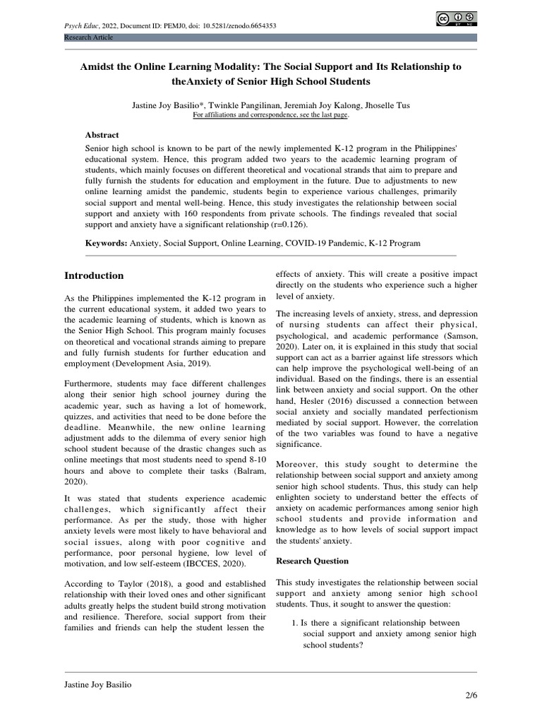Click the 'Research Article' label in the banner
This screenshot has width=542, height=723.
tap(88, 37)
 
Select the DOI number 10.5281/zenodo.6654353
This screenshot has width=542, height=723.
tap(239, 25)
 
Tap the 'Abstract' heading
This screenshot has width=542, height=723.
tap(102, 135)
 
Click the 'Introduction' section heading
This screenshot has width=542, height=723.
tap(94, 275)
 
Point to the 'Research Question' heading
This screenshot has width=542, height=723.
tap(312, 561)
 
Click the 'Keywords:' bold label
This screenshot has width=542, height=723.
tap(107, 243)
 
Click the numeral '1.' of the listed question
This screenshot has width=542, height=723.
tap(295, 622)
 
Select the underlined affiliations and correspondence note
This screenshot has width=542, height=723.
tap(270, 115)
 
